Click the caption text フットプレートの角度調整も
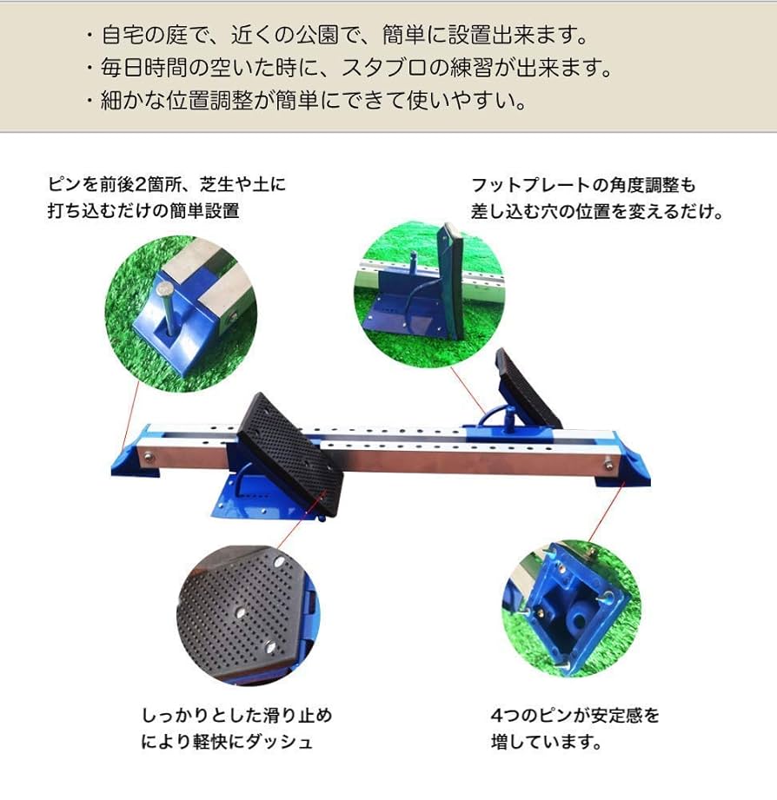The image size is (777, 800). [x=583, y=185]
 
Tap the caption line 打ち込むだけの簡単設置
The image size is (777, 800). [x=143, y=211]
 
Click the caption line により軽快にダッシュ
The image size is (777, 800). [x=227, y=742]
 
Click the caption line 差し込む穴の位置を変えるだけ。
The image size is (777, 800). [x=597, y=211]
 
